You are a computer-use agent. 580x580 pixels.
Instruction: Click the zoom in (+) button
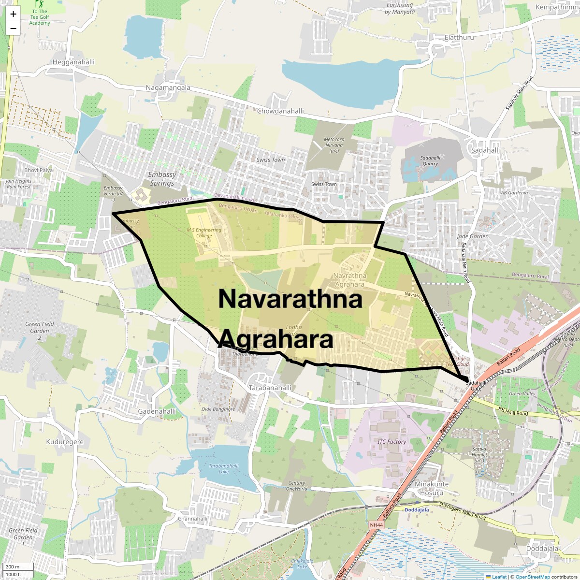click(13, 14)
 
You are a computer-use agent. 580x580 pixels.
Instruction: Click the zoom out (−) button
click(13, 29)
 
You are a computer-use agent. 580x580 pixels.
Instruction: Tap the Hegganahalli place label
click(73, 62)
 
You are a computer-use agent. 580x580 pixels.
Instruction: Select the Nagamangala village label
click(168, 88)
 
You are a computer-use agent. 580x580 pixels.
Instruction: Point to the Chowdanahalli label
click(280, 111)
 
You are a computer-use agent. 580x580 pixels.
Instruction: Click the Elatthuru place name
click(459, 38)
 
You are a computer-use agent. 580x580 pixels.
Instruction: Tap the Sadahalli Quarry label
click(430, 161)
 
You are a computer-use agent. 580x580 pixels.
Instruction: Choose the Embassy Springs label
click(162, 179)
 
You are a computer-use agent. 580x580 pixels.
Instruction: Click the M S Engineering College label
click(204, 232)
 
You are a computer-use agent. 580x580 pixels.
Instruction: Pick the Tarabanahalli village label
click(270, 388)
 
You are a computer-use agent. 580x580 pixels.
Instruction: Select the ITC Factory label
click(391, 442)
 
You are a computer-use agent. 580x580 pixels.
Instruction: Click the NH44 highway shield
click(376, 525)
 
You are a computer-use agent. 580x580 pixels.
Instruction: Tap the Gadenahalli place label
click(157, 411)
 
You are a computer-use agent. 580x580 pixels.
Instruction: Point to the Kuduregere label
click(65, 442)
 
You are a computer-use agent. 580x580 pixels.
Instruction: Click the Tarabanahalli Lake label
click(224, 469)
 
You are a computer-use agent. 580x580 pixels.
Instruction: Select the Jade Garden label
click(473, 236)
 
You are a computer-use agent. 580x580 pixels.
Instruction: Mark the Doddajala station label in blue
click(417, 510)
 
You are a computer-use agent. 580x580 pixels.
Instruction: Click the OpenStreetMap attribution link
click(532, 577)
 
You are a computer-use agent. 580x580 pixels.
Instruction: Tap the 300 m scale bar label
click(13, 567)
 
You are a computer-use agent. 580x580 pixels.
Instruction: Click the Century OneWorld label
click(297, 486)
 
